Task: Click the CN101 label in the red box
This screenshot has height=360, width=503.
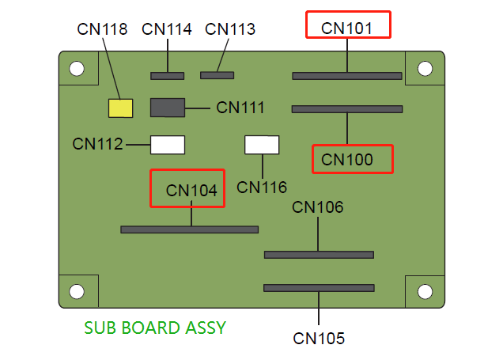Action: pos(347,28)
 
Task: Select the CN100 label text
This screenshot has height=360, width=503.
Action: pos(347,160)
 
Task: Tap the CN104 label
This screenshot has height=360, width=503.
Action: pos(191,190)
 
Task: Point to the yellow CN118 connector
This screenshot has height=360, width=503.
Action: pos(120,108)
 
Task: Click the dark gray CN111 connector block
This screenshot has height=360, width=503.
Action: pos(167,108)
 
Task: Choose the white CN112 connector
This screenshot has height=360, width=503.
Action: pos(167,145)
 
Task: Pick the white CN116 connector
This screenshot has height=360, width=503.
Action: pos(262,145)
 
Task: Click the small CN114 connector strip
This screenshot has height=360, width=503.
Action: pos(167,76)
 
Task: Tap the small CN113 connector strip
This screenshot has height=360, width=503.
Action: pos(217,75)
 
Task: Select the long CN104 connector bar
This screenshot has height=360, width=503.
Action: pos(189,229)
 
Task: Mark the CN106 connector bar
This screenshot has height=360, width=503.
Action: pos(319,255)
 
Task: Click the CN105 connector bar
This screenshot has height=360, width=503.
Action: pos(319,288)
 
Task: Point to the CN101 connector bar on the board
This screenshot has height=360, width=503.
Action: pos(347,76)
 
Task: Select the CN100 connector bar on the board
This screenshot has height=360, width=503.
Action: pos(347,109)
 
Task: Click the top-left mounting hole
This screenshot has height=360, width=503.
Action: pos(76,69)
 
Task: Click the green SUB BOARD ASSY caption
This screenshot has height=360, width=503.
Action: pos(155,327)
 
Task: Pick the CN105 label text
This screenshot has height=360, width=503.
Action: pos(319,339)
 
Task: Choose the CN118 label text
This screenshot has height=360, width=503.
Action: pos(103,29)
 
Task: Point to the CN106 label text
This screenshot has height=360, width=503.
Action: pos(318,207)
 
